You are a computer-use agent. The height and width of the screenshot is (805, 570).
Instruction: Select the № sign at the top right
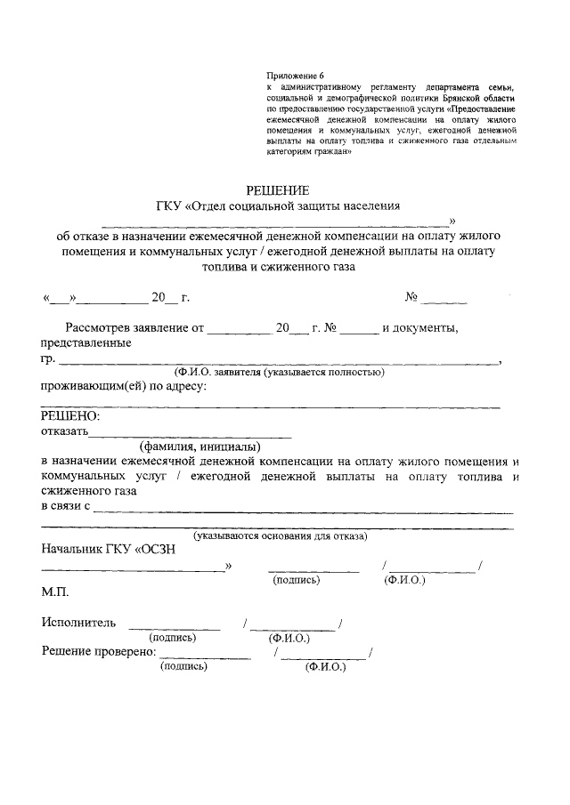pos(412,296)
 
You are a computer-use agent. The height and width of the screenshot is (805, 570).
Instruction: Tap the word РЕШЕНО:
pos(70,416)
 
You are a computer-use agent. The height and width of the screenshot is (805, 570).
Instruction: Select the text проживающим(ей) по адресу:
pos(124,386)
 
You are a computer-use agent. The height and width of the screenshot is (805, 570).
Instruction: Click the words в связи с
pos(66,506)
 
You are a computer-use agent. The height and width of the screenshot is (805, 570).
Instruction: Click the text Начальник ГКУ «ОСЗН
pos(109,549)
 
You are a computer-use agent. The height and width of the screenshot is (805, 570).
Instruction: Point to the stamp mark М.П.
pos(54,592)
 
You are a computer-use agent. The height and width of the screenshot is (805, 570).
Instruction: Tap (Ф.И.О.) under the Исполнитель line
pos(289,638)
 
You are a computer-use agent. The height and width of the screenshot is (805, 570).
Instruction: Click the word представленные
pos(86,343)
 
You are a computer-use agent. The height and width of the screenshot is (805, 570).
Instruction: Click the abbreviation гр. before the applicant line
pos(48,358)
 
